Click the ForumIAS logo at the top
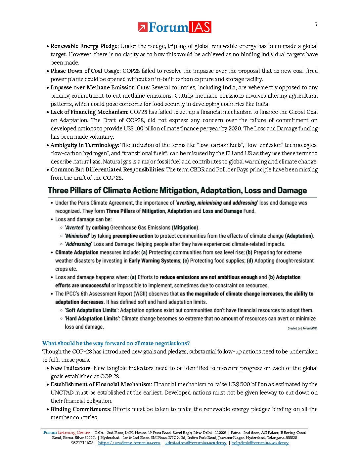[x=174, y=27]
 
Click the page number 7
[x=316, y=24]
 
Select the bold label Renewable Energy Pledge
[x=84, y=46]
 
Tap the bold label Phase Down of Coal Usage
[x=85, y=71]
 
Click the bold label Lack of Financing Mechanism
[x=89, y=112]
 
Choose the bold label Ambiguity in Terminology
[x=84, y=145]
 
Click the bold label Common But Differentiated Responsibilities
[x=107, y=170]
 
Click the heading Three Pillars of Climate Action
[x=177, y=191]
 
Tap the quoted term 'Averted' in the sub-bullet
[x=74, y=228]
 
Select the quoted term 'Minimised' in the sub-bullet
[x=77, y=236]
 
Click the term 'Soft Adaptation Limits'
[x=91, y=310]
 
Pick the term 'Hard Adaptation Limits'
[x=92, y=319]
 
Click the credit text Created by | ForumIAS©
[x=302, y=328]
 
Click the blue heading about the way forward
[x=116, y=343]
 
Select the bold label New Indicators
[x=70, y=368]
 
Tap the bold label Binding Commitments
[x=80, y=409]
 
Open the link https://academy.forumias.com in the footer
[x=129, y=443]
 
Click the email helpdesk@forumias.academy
[x=260, y=443]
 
